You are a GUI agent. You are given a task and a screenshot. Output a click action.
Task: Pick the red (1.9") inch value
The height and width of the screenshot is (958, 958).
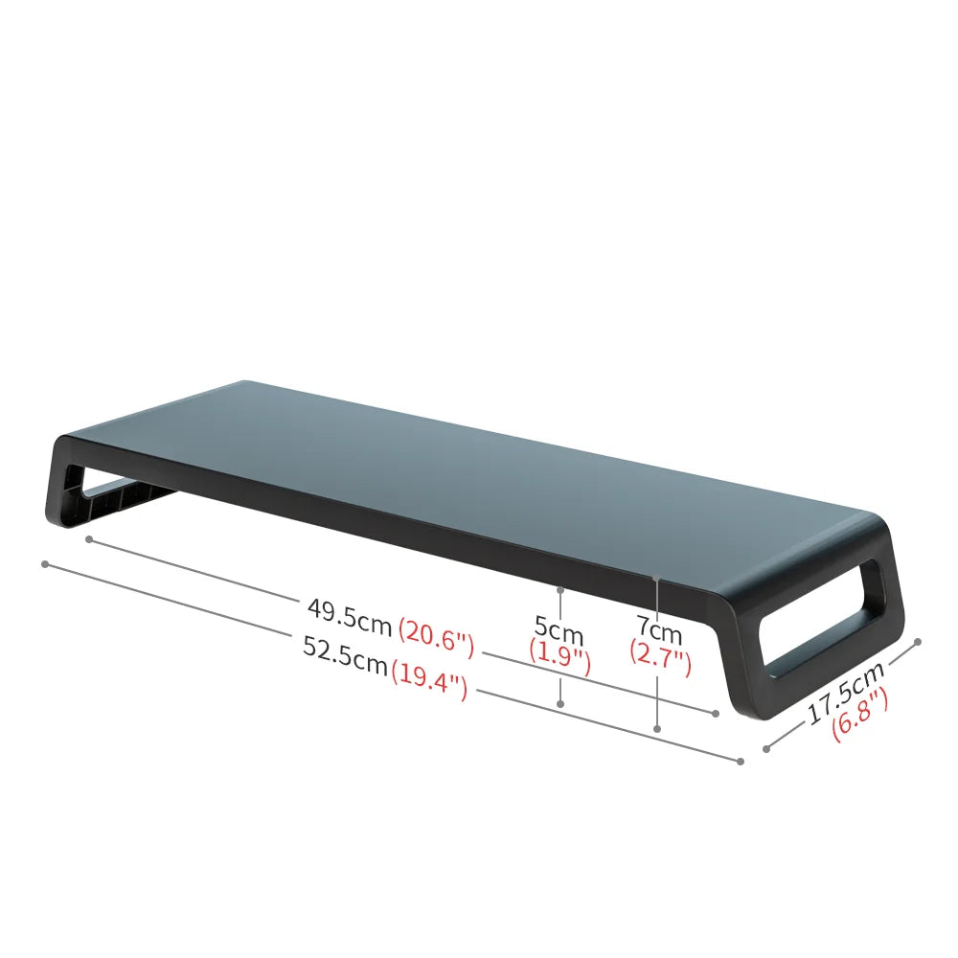coord(559,658)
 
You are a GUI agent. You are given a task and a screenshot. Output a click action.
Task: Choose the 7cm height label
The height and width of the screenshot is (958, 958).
coord(660,631)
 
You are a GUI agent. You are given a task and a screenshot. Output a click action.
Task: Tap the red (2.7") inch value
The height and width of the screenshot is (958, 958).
coord(660,661)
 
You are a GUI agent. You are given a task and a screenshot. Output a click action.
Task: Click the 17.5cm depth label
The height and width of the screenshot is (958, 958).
coord(845,693)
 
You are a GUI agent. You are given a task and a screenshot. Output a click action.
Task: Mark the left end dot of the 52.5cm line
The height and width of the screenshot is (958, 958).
coord(45,563)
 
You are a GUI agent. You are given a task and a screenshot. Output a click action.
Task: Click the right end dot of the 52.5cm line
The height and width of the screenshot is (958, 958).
coord(741,762)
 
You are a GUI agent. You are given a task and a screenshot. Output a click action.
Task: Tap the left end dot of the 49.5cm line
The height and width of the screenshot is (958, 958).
coord(88,539)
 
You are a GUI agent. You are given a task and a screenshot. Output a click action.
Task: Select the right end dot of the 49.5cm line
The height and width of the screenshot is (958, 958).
coord(716,713)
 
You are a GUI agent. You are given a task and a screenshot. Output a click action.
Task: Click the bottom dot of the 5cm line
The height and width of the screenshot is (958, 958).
coord(561,704)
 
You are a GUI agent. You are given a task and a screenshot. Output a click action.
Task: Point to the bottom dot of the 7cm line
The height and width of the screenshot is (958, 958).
coord(657,729)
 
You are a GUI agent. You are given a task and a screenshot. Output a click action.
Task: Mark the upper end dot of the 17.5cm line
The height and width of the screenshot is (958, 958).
coord(918,642)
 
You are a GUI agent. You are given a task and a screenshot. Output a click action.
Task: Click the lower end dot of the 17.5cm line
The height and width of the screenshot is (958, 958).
coord(765,748)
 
